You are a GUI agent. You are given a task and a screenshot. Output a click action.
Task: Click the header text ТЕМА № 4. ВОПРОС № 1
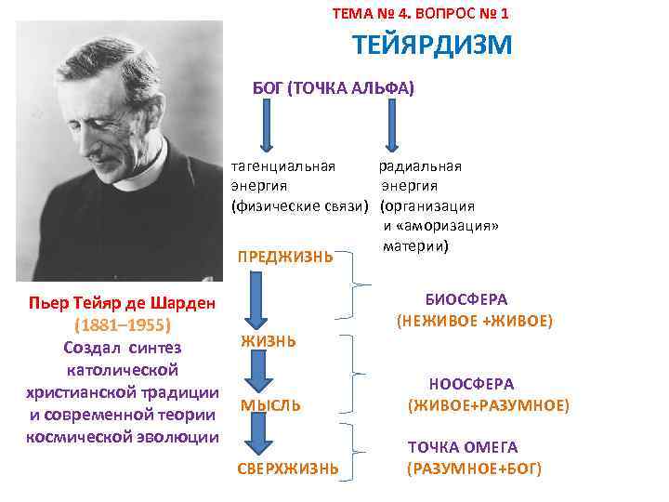pos(420,14)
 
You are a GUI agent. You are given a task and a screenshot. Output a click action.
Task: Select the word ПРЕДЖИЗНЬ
pos(285,256)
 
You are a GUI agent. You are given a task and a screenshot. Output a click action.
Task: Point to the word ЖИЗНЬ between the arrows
pos(269,341)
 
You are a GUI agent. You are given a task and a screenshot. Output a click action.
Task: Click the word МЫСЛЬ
pos(270,405)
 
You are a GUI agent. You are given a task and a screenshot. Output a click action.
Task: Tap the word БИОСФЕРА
pos(466,299)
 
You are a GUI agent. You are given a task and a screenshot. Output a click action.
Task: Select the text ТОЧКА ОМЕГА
pos(463,447)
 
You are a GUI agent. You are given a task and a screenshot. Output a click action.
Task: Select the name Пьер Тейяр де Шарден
pos(122,304)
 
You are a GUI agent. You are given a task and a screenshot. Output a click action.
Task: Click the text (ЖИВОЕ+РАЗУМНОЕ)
pos(488,405)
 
